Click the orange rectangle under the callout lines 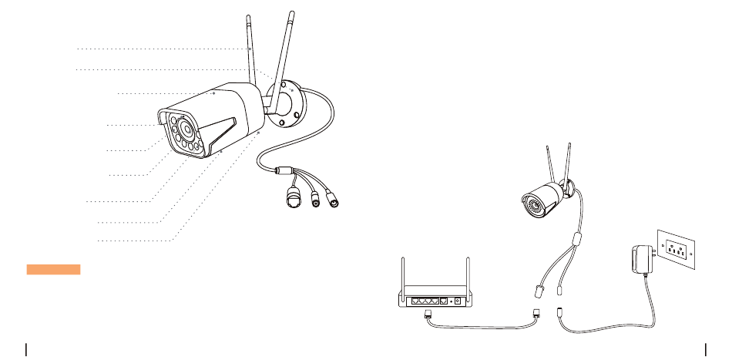click(53, 269)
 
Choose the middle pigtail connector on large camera click(315, 198)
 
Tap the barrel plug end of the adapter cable click(559, 314)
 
